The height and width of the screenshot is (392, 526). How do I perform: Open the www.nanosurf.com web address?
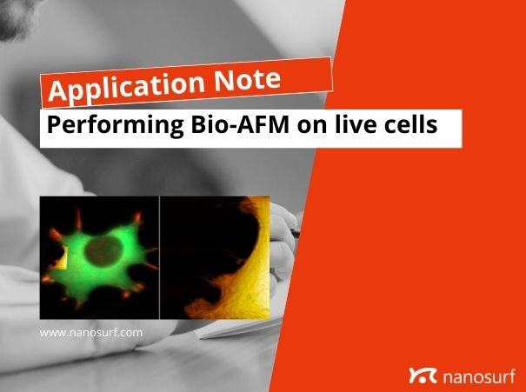91,332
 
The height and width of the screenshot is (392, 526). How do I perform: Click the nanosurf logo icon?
421,375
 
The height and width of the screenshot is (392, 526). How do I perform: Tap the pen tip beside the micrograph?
296,233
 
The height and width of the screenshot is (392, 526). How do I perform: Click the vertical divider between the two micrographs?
160,257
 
